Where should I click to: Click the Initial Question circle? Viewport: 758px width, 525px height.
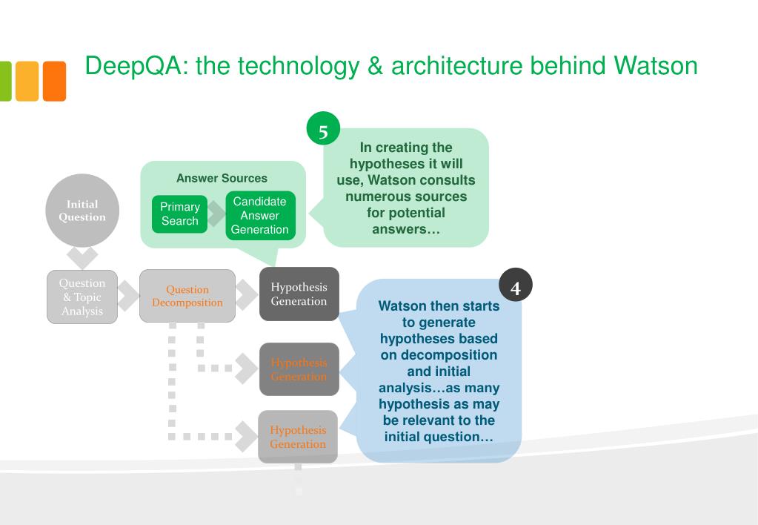click(82, 211)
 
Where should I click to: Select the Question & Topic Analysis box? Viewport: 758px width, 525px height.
click(82, 297)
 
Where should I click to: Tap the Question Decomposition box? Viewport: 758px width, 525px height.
click(187, 296)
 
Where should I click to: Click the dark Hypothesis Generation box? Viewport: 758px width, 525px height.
click(299, 294)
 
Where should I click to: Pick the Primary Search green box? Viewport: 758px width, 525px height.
click(179, 214)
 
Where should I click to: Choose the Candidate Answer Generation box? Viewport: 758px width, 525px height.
click(259, 216)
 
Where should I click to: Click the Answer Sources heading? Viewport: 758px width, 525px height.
click(222, 178)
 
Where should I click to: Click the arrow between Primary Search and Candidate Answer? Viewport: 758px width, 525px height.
click(216, 214)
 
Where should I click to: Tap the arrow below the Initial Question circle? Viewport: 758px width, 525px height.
click(82, 257)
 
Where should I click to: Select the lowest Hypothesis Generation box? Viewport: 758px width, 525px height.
click(298, 437)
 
